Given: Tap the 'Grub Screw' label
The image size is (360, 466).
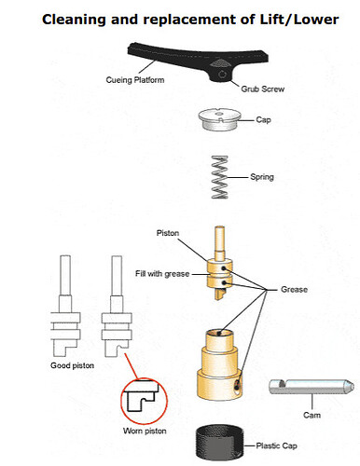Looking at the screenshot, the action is [263, 89].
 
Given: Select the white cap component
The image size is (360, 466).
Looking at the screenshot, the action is [220, 119].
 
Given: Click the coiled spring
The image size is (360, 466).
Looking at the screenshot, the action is [220, 177].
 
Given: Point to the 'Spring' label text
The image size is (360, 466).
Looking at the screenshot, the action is [262, 177].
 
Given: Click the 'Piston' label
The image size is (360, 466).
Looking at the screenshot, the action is [168, 233].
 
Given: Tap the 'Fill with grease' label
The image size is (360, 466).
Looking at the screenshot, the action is [162, 274].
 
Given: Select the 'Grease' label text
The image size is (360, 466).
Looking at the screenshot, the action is [294, 290].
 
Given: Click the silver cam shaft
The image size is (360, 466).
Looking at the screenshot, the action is [312, 387].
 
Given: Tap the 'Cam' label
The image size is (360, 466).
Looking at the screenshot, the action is [312, 415].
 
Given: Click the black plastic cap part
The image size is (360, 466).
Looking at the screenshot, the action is [219, 443].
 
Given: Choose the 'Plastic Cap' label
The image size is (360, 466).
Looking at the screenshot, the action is [276, 445].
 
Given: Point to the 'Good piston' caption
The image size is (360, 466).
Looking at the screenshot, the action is [73, 365].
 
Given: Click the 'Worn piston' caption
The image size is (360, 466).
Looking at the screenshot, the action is [145, 431].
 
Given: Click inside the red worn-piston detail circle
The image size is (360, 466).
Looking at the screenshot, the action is [144, 401].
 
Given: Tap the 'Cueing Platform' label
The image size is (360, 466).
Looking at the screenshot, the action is [135, 80].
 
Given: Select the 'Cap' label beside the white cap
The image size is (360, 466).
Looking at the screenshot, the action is [263, 120].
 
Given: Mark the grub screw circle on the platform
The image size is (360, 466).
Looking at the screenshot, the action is [222, 75].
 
